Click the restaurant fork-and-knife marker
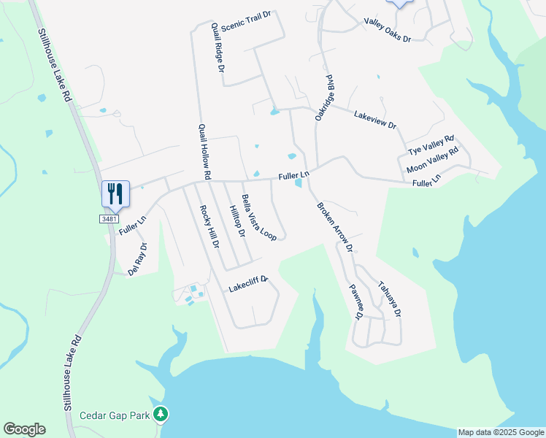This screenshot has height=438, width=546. [x=115, y=194]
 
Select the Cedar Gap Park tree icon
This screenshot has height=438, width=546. [x=161, y=415]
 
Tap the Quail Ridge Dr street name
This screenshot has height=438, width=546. [x=218, y=47]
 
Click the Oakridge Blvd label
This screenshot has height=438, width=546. [x=324, y=97]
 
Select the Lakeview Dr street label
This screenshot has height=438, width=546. [x=374, y=120]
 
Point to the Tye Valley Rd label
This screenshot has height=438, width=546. [x=431, y=145]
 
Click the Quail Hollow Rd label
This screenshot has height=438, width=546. [x=204, y=152]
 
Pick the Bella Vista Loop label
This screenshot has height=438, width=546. [x=259, y=219]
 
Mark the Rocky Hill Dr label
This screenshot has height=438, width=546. [x=209, y=226]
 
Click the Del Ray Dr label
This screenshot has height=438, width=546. [x=137, y=259]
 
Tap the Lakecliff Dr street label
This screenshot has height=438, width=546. [x=249, y=283]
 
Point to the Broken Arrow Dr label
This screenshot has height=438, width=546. [x=335, y=228]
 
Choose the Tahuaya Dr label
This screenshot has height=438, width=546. [x=389, y=300]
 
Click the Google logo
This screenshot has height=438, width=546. [x=24, y=429]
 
